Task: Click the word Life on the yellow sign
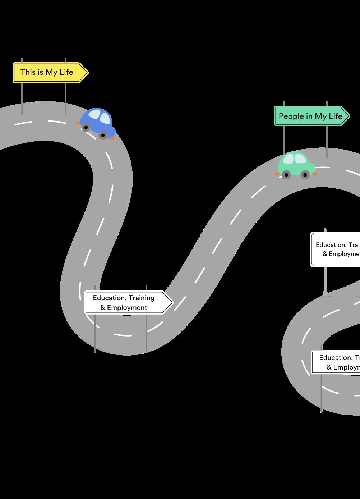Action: click(66, 72)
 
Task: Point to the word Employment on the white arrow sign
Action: click(127, 308)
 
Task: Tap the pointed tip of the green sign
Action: click(349, 116)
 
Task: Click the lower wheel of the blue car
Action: click(103, 135)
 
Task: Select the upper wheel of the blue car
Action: click(86, 127)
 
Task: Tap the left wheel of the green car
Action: click(286, 175)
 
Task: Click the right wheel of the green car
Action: click(305, 175)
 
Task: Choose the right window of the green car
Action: click(300, 159)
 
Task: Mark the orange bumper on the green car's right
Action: click(315, 174)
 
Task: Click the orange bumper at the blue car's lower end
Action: click(112, 138)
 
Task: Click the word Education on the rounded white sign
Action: click(330, 245)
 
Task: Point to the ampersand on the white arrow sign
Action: click(103, 308)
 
